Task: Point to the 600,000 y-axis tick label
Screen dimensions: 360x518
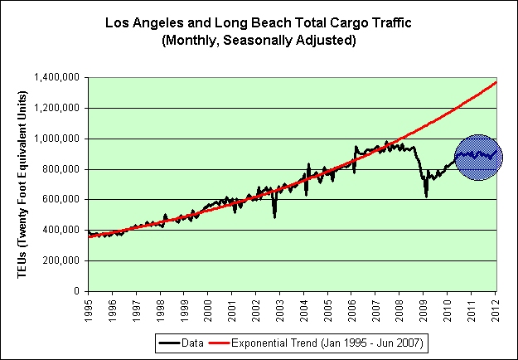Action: [x=61, y=200]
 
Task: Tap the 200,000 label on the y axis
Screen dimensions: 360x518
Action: [x=61, y=261]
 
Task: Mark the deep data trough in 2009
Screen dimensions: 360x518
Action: [x=426, y=194]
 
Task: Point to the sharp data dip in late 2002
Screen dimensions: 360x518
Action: [x=274, y=215]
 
